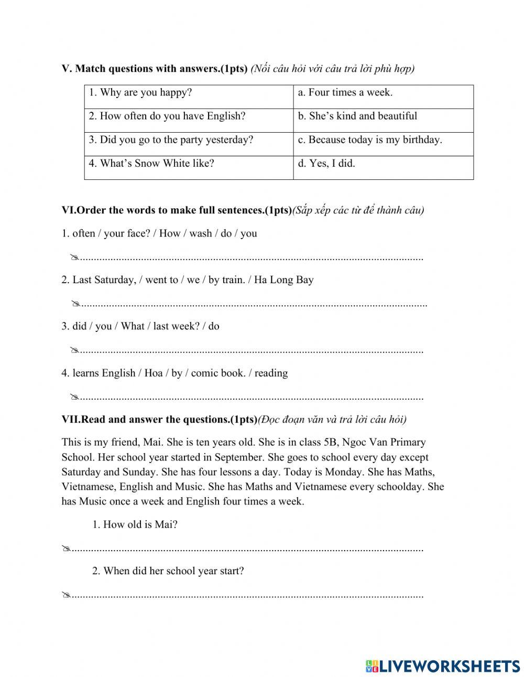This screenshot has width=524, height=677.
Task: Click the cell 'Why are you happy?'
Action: click(140, 93)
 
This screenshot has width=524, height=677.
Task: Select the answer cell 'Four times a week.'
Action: click(345, 93)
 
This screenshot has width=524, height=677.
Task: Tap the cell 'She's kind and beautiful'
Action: click(358, 116)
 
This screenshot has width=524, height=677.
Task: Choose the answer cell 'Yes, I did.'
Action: click(327, 164)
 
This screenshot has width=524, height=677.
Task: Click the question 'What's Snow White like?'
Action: click(151, 164)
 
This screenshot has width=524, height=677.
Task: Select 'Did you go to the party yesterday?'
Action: click(171, 140)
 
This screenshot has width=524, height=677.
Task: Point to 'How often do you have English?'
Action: click(167, 116)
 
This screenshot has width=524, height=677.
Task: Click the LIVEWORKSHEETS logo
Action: click(443, 666)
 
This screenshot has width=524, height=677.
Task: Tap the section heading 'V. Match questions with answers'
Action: click(155, 69)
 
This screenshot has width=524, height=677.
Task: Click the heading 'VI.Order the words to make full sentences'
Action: click(176, 210)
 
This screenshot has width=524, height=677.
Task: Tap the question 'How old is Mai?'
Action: click(135, 524)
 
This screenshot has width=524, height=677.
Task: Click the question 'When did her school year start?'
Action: click(168, 571)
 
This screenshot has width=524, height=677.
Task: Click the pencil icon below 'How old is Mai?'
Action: click(65, 549)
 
